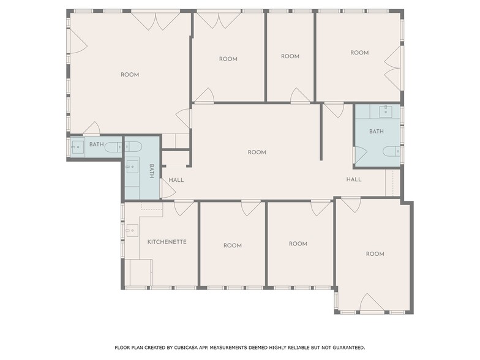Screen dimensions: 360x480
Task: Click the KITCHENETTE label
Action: click(167, 242)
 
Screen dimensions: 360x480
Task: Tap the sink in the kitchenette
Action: click(131, 231)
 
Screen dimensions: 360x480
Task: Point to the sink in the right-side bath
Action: click(386, 111)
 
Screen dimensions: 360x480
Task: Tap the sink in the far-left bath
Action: click(78, 146)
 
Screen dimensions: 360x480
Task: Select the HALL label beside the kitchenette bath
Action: click(176, 180)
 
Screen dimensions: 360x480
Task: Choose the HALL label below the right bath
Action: click(353, 179)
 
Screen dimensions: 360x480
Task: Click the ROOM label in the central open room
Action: click(257, 152)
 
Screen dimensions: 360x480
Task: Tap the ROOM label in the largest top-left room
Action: click(130, 75)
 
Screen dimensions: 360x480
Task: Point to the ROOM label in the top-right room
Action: click(359, 53)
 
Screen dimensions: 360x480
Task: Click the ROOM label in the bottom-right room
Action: click(375, 254)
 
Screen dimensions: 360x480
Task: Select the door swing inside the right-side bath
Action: click(360, 156)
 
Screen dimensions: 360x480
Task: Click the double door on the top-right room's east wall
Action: click(392, 67)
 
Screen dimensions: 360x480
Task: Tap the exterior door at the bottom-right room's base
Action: click(372, 303)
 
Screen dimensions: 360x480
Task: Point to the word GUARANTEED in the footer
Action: click(347, 347)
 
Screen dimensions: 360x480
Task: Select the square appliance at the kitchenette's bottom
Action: click(140, 272)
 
